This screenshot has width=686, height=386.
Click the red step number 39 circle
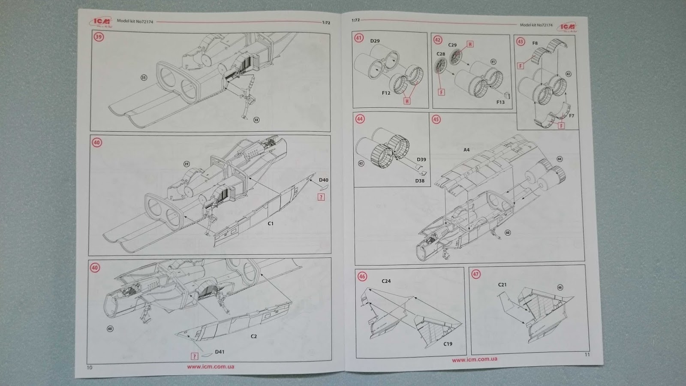click(x=99, y=37)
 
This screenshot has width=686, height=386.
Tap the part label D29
click(x=375, y=41)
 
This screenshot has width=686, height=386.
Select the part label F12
click(x=386, y=93)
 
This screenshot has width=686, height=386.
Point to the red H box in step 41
click(x=406, y=101)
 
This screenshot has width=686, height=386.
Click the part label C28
click(x=441, y=54)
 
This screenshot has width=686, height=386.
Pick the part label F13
click(x=500, y=102)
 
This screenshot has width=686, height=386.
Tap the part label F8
click(x=535, y=43)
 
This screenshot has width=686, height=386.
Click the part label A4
click(x=466, y=150)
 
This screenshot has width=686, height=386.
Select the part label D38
click(x=420, y=181)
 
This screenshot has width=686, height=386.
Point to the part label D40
click(x=324, y=180)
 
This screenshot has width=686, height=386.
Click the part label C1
click(x=271, y=223)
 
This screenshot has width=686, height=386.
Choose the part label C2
click(x=254, y=336)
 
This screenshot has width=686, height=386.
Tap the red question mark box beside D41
click(x=195, y=356)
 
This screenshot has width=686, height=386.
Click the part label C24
click(x=386, y=281)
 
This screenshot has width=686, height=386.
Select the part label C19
click(x=448, y=344)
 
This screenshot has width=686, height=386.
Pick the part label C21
click(x=502, y=285)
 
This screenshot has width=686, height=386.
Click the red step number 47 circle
click(x=476, y=274)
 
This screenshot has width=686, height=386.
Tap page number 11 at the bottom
click(x=587, y=355)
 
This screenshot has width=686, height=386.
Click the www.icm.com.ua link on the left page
click(x=211, y=367)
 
